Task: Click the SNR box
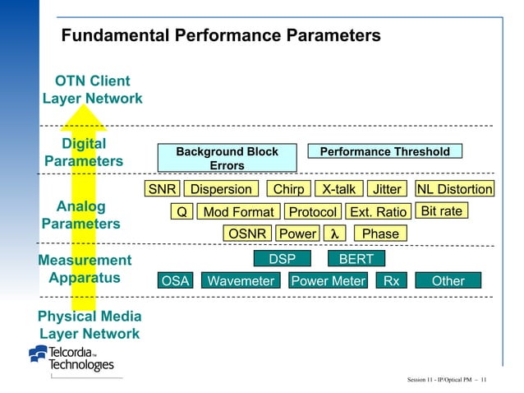(161, 189)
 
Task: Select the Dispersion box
(221, 189)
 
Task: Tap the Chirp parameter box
(288, 189)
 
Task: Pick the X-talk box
(338, 189)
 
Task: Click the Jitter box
(387, 189)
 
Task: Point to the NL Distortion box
(454, 189)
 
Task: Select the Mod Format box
(238, 212)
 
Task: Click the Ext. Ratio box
(378, 212)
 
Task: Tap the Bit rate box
(442, 211)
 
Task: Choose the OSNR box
(247, 233)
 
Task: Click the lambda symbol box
(333, 233)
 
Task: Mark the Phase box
(380, 233)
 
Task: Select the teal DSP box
(282, 259)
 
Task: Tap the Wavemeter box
(241, 281)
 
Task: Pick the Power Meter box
(328, 281)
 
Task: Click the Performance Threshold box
(384, 151)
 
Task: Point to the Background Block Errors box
(227, 159)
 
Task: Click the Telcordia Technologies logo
(72, 358)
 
